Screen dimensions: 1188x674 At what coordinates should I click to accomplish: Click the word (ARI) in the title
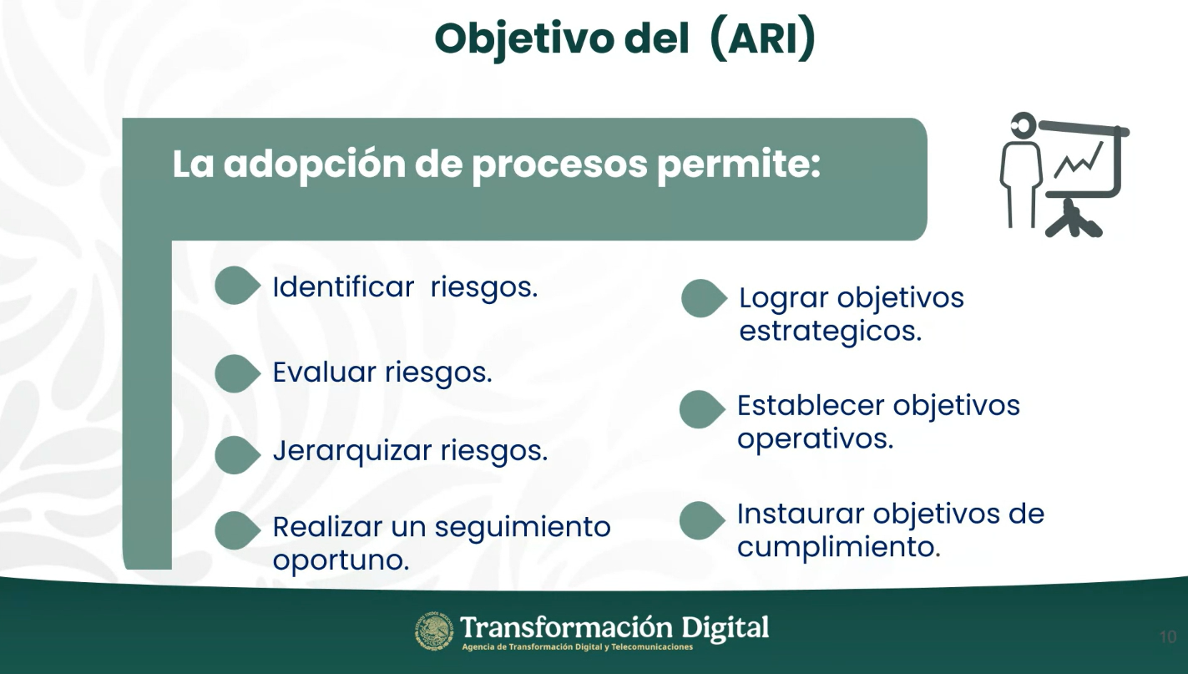pyautogui.click(x=761, y=38)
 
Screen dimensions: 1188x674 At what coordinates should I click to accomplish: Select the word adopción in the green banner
pyautogui.click(x=315, y=165)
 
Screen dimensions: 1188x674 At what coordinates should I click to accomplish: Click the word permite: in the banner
pyautogui.click(x=739, y=165)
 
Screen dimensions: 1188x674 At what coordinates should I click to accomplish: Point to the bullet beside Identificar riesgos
pyautogui.click(x=237, y=286)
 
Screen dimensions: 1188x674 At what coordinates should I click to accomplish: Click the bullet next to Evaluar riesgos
pyautogui.click(x=237, y=373)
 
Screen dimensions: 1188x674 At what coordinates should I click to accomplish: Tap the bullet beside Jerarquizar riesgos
pyautogui.click(x=237, y=455)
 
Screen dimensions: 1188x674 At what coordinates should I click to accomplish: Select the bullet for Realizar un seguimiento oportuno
pyautogui.click(x=237, y=530)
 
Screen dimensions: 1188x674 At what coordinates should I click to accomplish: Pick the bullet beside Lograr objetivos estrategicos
pyautogui.click(x=704, y=298)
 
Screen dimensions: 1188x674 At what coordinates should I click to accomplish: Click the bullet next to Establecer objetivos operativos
pyautogui.click(x=702, y=409)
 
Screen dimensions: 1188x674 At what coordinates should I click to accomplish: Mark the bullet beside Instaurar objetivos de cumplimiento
pyautogui.click(x=702, y=520)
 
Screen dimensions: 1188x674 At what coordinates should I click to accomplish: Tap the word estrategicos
pyautogui.click(x=831, y=332)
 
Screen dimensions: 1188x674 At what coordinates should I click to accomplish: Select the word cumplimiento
pyautogui.click(x=839, y=546)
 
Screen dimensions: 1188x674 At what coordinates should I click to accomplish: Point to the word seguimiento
pyautogui.click(x=523, y=529)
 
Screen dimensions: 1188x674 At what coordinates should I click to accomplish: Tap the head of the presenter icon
pyautogui.click(x=1024, y=126)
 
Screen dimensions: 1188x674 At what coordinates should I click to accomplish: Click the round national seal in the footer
pyautogui.click(x=434, y=631)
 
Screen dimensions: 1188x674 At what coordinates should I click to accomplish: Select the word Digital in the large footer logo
pyautogui.click(x=725, y=628)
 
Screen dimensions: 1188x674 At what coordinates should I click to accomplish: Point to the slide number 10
pyautogui.click(x=1168, y=637)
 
